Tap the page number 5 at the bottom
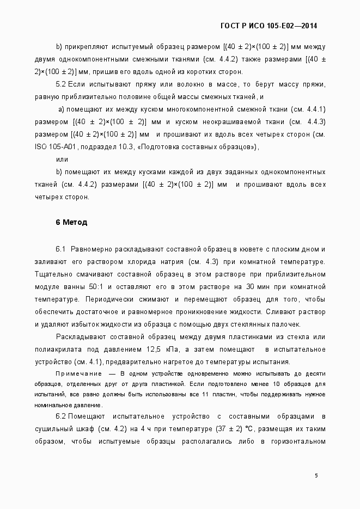point(316,475)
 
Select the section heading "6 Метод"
point(71,222)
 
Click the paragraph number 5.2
point(61,85)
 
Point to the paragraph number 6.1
point(61,249)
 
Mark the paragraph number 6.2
point(61,416)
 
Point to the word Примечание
point(80,373)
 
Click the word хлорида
point(143,261)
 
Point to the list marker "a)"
point(62,109)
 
